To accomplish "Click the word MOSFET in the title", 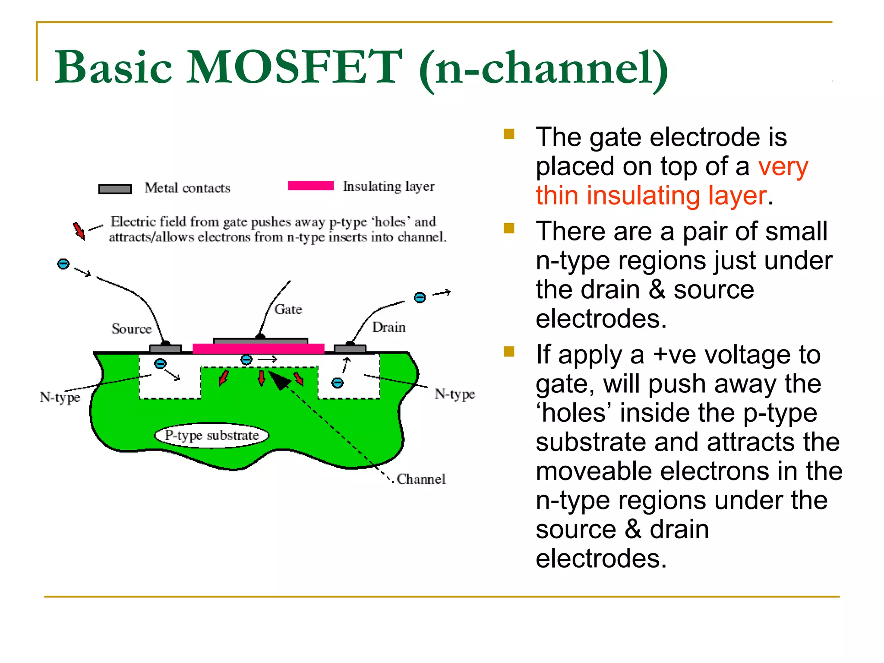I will tap(294, 68).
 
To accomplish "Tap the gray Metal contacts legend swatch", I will tap(115, 189).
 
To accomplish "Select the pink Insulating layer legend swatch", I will tap(311, 186).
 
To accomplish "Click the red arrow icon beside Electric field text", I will tap(79, 230).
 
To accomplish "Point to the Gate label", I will tap(288, 309).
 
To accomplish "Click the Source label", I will tap(132, 329).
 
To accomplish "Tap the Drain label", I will tap(388, 327).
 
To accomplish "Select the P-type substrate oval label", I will tap(212, 435).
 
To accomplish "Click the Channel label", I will tap(421, 479).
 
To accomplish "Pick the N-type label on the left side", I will tap(60, 397).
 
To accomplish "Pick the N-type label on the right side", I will tap(454, 394).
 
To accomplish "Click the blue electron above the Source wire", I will tap(63, 264).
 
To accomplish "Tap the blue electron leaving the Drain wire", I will tap(420, 297).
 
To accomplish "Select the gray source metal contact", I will tap(165, 349).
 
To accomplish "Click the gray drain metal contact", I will tap(350, 348).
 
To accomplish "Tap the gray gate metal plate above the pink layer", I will tap(261, 341).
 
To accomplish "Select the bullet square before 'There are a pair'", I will tap(509, 228).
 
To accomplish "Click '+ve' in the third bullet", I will tap(674, 355).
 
